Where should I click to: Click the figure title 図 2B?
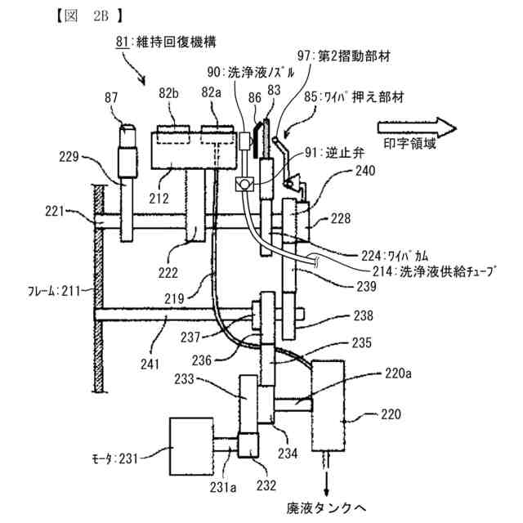click(x=89, y=16)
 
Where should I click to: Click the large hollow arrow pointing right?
click(x=417, y=127)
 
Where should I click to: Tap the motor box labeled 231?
click(x=191, y=446)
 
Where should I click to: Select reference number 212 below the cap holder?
click(x=159, y=199)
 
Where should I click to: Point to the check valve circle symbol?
click(x=244, y=184)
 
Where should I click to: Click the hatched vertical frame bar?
click(x=99, y=288)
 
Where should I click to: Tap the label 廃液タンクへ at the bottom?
click(x=327, y=508)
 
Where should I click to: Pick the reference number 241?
click(x=150, y=364)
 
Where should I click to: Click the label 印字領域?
click(x=410, y=144)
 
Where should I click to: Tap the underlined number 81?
click(x=122, y=42)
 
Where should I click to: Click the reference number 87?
click(x=111, y=98)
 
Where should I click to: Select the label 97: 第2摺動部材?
click(x=344, y=56)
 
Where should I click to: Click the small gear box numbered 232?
click(x=248, y=445)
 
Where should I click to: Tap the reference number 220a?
click(x=398, y=373)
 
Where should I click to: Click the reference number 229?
click(x=69, y=157)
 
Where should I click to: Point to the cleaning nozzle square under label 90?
click(x=244, y=141)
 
